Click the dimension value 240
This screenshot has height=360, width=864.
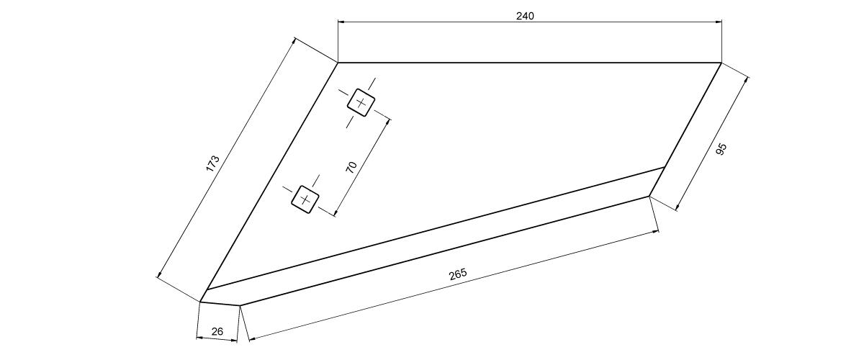(x=525, y=16)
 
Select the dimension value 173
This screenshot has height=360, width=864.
(x=212, y=163)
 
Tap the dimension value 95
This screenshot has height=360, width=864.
(x=721, y=149)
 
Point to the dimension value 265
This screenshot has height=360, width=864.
(x=458, y=274)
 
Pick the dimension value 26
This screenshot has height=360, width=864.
(x=217, y=331)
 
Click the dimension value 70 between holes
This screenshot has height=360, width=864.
(x=352, y=167)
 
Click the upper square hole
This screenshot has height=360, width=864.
(x=361, y=102)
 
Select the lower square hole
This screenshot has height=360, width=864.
(x=305, y=199)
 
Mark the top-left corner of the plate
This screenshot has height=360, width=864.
(x=338, y=63)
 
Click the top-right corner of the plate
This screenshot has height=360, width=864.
(x=721, y=63)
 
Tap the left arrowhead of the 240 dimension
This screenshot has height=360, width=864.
(x=341, y=22)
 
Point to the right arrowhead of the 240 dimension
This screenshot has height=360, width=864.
(x=719, y=22)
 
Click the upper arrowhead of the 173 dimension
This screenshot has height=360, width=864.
(x=294, y=40)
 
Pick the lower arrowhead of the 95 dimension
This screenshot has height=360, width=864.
(x=678, y=208)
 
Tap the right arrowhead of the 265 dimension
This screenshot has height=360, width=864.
(x=656, y=232)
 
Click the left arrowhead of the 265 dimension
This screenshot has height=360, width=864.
(x=252, y=340)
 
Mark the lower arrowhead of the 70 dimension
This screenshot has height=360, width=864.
(x=336, y=213)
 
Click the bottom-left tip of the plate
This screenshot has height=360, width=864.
(x=200, y=302)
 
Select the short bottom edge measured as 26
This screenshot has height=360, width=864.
(x=220, y=303)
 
